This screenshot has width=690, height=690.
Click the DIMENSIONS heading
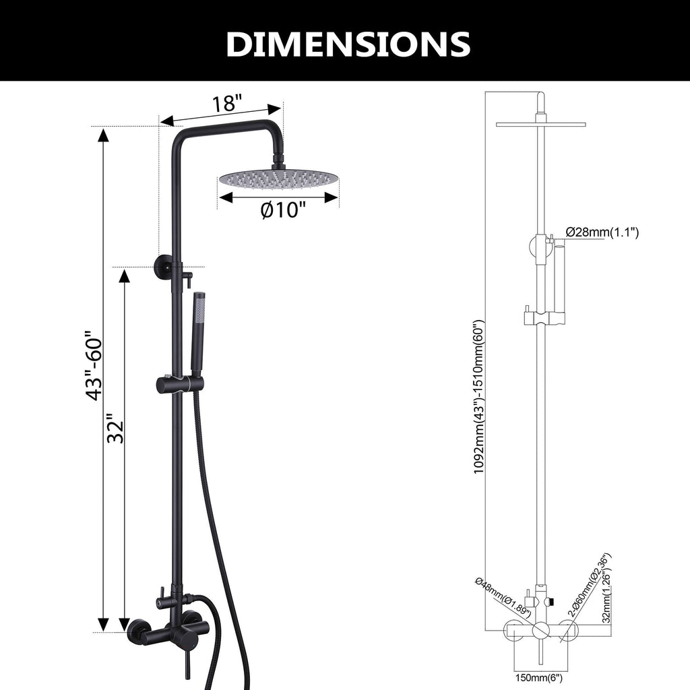pos(348,44)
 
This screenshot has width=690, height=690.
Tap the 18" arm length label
pos(227,104)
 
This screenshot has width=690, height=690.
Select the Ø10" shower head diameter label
pos(282,210)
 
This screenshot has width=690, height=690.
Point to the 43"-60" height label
pos(94,365)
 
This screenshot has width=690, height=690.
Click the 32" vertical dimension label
pos(116,428)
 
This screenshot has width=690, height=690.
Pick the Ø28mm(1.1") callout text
pos(602,232)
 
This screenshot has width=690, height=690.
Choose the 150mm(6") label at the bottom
pos(538,678)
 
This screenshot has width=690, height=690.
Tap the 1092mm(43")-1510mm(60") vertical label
pos(479,396)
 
